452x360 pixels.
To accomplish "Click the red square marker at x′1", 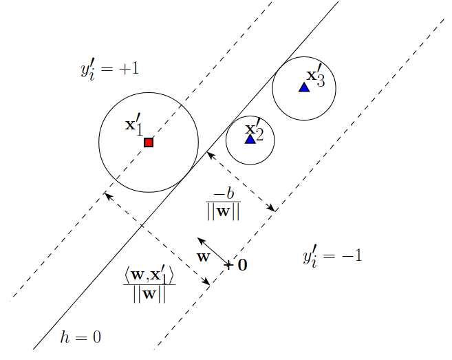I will [149, 142].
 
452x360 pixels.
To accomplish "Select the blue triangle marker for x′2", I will [250, 139].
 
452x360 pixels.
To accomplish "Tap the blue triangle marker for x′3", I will [304, 87].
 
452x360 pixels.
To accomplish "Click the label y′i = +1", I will [110, 70].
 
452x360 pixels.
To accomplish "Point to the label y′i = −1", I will [332, 257].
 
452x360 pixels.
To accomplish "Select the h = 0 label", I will [80, 337].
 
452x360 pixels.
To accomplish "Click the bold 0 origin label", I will [242, 264].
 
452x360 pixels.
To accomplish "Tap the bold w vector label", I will [203, 257].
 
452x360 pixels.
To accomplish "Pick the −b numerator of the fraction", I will [224, 195].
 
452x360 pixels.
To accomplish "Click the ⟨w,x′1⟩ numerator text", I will [149, 275].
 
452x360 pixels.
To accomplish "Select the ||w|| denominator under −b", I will [224, 211].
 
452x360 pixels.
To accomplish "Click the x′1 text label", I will [134, 125].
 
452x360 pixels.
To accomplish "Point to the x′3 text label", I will [320, 76].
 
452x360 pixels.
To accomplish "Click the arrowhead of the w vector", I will [199, 239].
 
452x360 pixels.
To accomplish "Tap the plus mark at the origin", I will [228, 264].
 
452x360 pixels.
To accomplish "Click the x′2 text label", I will [255, 128].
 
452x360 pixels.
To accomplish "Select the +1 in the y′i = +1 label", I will [129, 69].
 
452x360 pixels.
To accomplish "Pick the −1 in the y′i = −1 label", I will [350, 256].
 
